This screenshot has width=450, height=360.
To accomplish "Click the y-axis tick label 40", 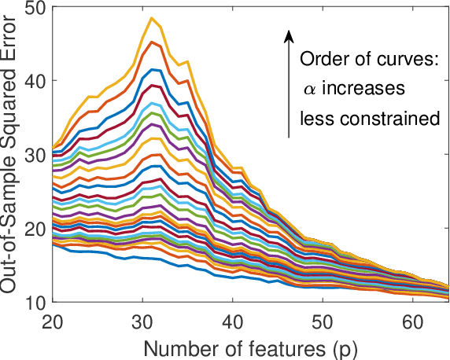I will pos(35,81).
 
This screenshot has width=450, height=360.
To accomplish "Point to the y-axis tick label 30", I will pos(35,155).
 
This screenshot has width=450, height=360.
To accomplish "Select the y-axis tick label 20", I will pos(35,229).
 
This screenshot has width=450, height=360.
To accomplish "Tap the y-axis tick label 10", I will pos(35,302).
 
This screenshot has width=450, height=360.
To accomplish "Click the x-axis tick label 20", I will pos(53,321).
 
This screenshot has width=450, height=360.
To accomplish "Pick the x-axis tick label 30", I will pos(142,321).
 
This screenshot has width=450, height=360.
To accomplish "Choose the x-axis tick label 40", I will pos(232,321).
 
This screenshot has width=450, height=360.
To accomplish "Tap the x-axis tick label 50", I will pos(322,321).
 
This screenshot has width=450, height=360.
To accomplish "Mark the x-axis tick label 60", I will pos(411,321).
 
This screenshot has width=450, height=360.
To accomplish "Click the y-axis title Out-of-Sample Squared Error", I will pos(11,154).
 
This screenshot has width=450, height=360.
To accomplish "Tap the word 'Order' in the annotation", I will pos(319,61).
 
